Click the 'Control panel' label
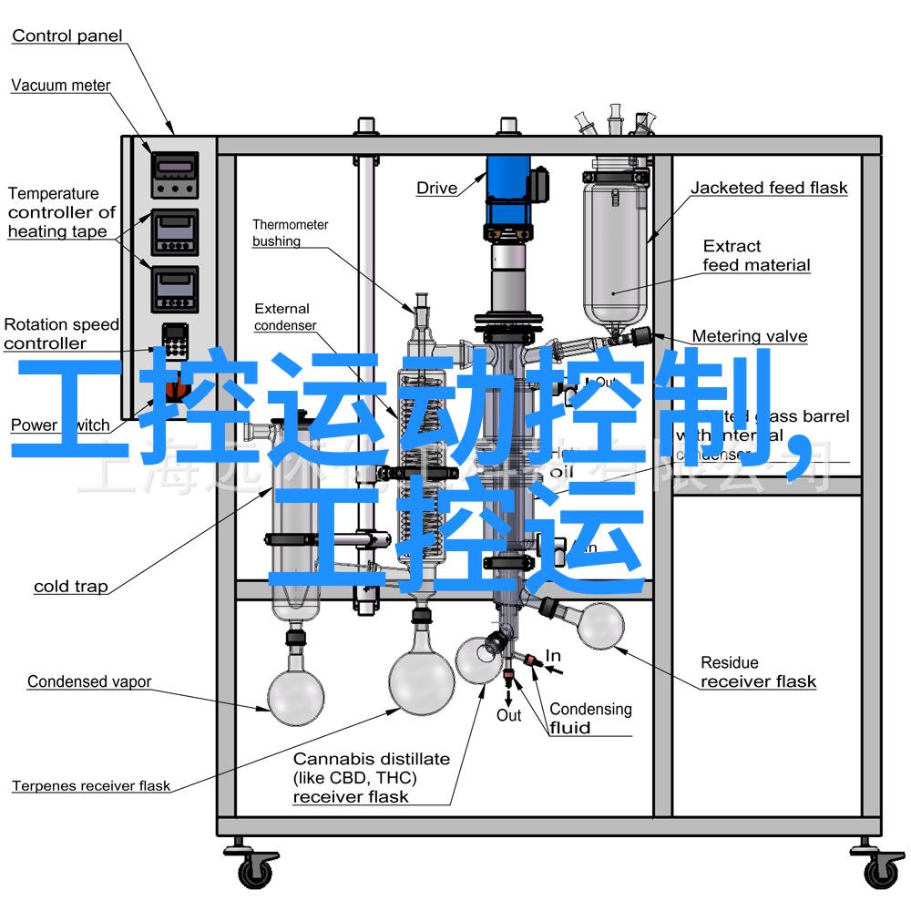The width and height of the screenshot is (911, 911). (x=67, y=36)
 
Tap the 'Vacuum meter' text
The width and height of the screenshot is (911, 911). (x=60, y=86)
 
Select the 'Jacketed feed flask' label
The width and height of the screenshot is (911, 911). (x=768, y=189)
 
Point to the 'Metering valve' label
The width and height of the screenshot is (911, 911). (x=749, y=336)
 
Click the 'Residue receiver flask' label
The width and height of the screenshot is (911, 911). (x=757, y=672)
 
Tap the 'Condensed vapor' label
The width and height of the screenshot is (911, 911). (x=89, y=681)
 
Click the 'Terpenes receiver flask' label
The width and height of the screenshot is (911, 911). (x=91, y=785)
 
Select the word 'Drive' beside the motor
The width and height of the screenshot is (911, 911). (x=436, y=189)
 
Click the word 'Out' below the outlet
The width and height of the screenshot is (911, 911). (x=508, y=716)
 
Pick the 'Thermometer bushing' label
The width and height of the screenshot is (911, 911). (x=290, y=233)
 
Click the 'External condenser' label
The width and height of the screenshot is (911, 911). (x=284, y=317)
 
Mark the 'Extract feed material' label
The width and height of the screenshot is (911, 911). (x=755, y=256)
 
